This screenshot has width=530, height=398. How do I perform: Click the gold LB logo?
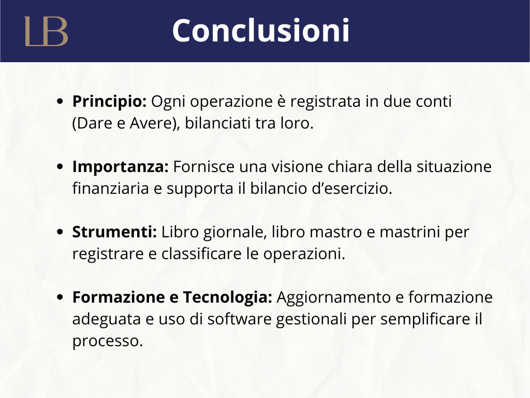tap(46, 31)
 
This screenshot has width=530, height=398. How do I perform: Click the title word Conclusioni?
tap(261, 31)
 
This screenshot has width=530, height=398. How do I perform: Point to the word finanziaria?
tap(111, 189)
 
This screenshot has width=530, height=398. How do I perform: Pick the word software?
tap(239, 319)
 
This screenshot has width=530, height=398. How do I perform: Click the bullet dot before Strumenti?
tap(60, 232)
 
